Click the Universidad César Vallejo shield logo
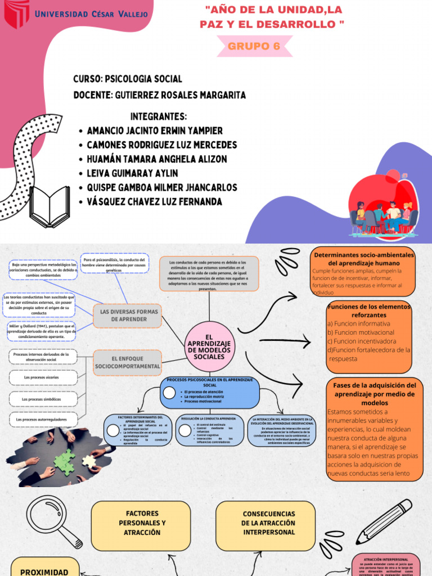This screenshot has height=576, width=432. [x=17, y=14]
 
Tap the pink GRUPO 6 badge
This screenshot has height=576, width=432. [x=254, y=47]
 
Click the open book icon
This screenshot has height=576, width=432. [x=49, y=206]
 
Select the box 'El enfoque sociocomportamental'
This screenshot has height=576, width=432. [x=128, y=362]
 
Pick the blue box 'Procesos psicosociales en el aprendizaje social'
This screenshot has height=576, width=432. [x=210, y=392]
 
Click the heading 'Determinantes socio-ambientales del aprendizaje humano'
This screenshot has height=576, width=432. [x=364, y=259]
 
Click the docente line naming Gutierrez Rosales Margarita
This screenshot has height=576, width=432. [x=159, y=95]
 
